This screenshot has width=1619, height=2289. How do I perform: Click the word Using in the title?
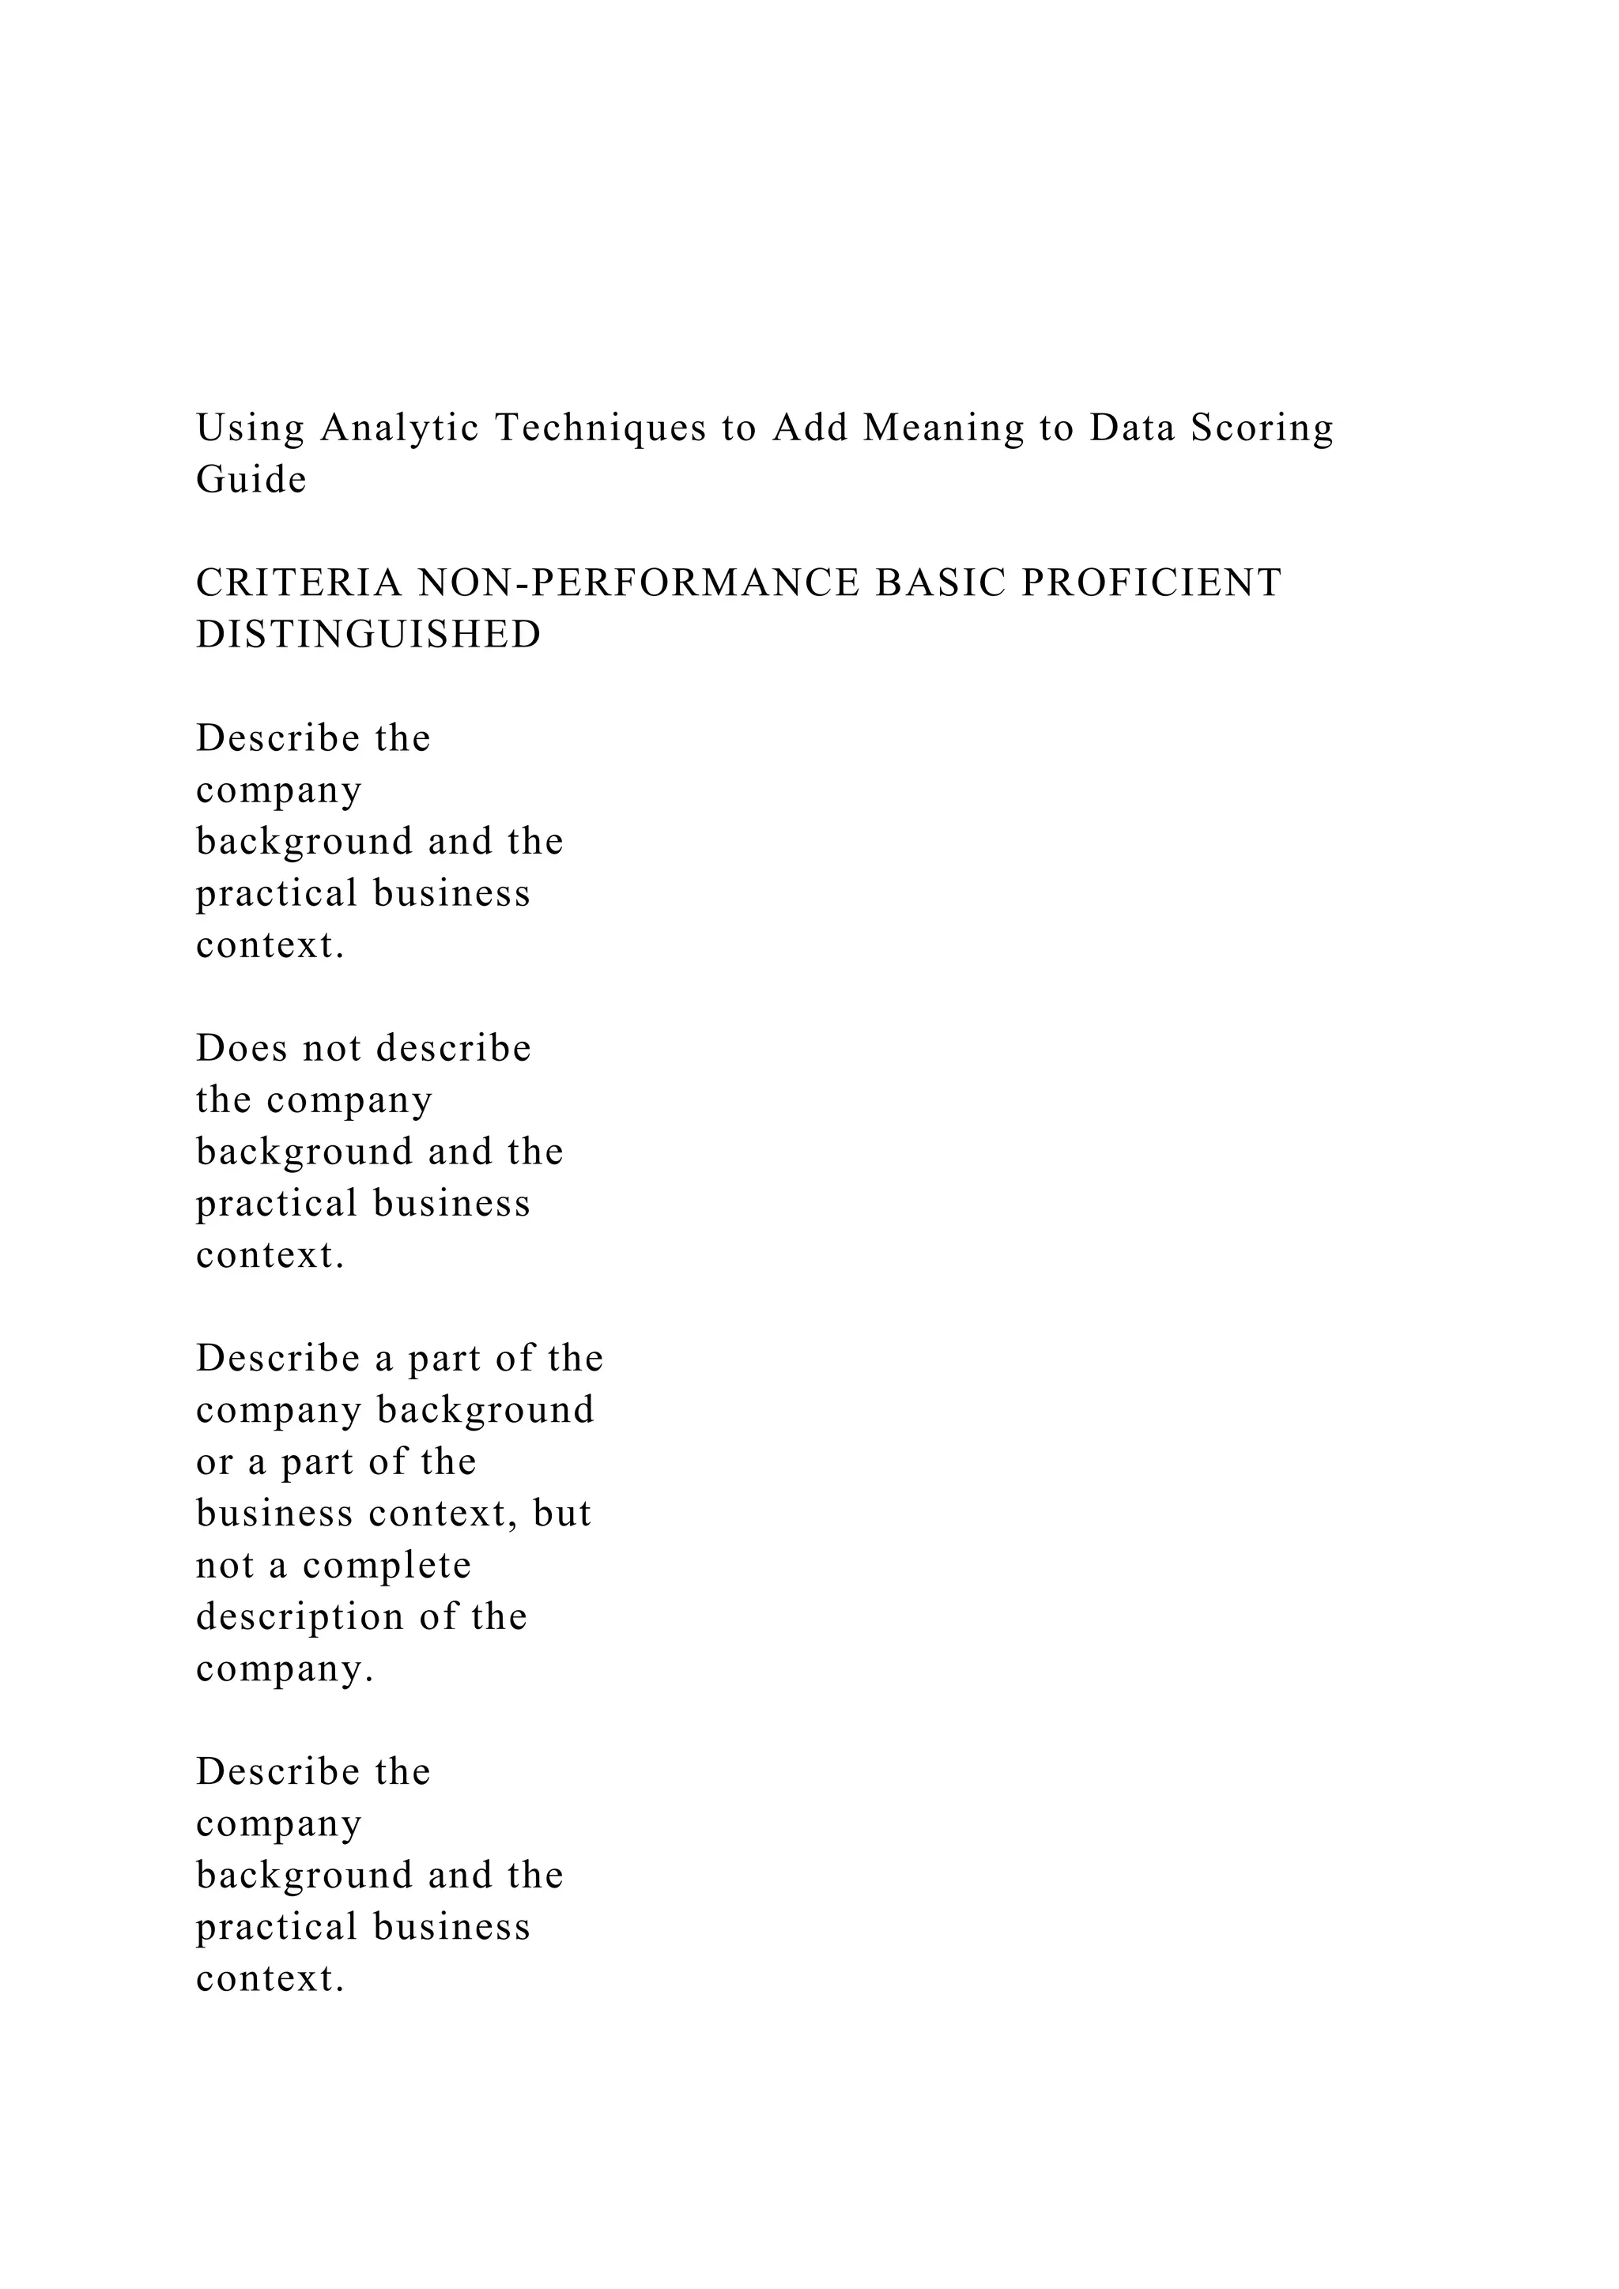pyautogui.click(x=251, y=428)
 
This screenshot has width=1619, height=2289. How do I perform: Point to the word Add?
pyautogui.click(x=809, y=428)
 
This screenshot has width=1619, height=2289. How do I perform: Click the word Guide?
pyautogui.click(x=251, y=480)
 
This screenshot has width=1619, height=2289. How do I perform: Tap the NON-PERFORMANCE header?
pyautogui.click(x=638, y=583)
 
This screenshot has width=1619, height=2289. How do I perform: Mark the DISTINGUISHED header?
pyautogui.click(x=368, y=635)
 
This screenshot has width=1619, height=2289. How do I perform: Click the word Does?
pyautogui.click(x=241, y=1049)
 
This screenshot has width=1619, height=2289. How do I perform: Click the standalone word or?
pyautogui.click(x=213, y=1462)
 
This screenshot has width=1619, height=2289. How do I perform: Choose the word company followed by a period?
pyautogui.click(x=284, y=1671)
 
